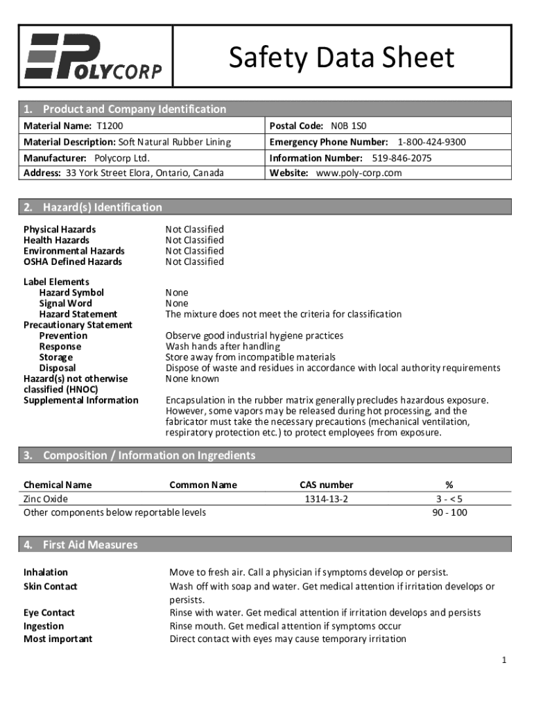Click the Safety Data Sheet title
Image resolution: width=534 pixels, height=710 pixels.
point(341,58)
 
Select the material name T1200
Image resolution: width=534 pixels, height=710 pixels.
point(110,126)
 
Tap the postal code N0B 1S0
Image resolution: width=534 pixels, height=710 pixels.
point(348,126)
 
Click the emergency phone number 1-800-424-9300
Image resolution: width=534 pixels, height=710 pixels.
point(431,142)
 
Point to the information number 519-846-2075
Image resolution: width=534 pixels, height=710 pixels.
point(402,158)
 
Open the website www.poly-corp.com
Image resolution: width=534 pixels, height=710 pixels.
point(359,173)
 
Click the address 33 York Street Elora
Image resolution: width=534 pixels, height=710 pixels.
point(144,173)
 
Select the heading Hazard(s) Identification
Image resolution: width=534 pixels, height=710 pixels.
point(102,207)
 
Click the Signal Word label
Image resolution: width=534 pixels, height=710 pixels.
point(65,304)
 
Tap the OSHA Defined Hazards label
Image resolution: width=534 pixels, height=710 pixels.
point(73,262)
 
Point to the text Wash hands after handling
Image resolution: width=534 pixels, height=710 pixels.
point(223,347)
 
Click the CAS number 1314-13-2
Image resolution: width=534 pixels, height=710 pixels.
point(326,499)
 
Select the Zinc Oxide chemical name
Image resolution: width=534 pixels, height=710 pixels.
point(46,499)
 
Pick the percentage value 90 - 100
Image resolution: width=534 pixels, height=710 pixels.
point(449,513)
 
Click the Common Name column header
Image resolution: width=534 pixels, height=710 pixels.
point(203,485)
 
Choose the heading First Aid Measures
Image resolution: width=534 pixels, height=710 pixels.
point(90,545)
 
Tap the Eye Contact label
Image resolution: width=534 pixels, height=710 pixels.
point(49,613)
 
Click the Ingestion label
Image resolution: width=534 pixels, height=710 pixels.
point(44,626)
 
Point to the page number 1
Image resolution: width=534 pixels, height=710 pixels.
point(505,661)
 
